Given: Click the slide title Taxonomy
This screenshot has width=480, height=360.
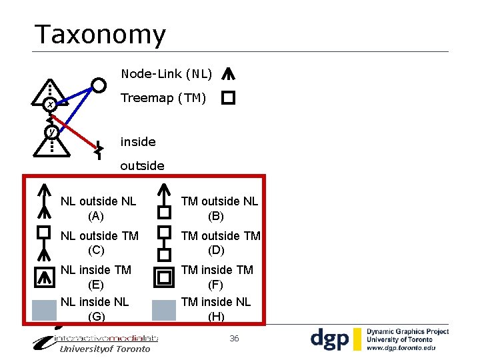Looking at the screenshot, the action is tap(100, 35).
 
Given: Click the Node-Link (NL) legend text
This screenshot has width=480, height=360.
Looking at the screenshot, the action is tap(166, 73).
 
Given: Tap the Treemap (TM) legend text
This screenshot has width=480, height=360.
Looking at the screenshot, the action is tap(163, 98).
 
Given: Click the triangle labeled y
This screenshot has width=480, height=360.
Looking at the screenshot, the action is tap(51, 136).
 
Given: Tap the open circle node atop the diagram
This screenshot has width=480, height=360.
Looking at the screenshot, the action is tap(99, 85).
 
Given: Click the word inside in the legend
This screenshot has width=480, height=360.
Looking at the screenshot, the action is tap(138, 141).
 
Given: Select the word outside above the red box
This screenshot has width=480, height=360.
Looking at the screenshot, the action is tap(142, 165).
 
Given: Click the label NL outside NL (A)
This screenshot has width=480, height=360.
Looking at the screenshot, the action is tap(98, 208).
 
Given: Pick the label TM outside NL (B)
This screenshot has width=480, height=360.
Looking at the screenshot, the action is tap(219, 208).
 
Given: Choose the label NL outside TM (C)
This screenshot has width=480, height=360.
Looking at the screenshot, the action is tap(99, 243).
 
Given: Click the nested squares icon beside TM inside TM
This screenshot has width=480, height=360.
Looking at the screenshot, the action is tap(164, 277).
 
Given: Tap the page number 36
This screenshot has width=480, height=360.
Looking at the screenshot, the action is tap(234, 339).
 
